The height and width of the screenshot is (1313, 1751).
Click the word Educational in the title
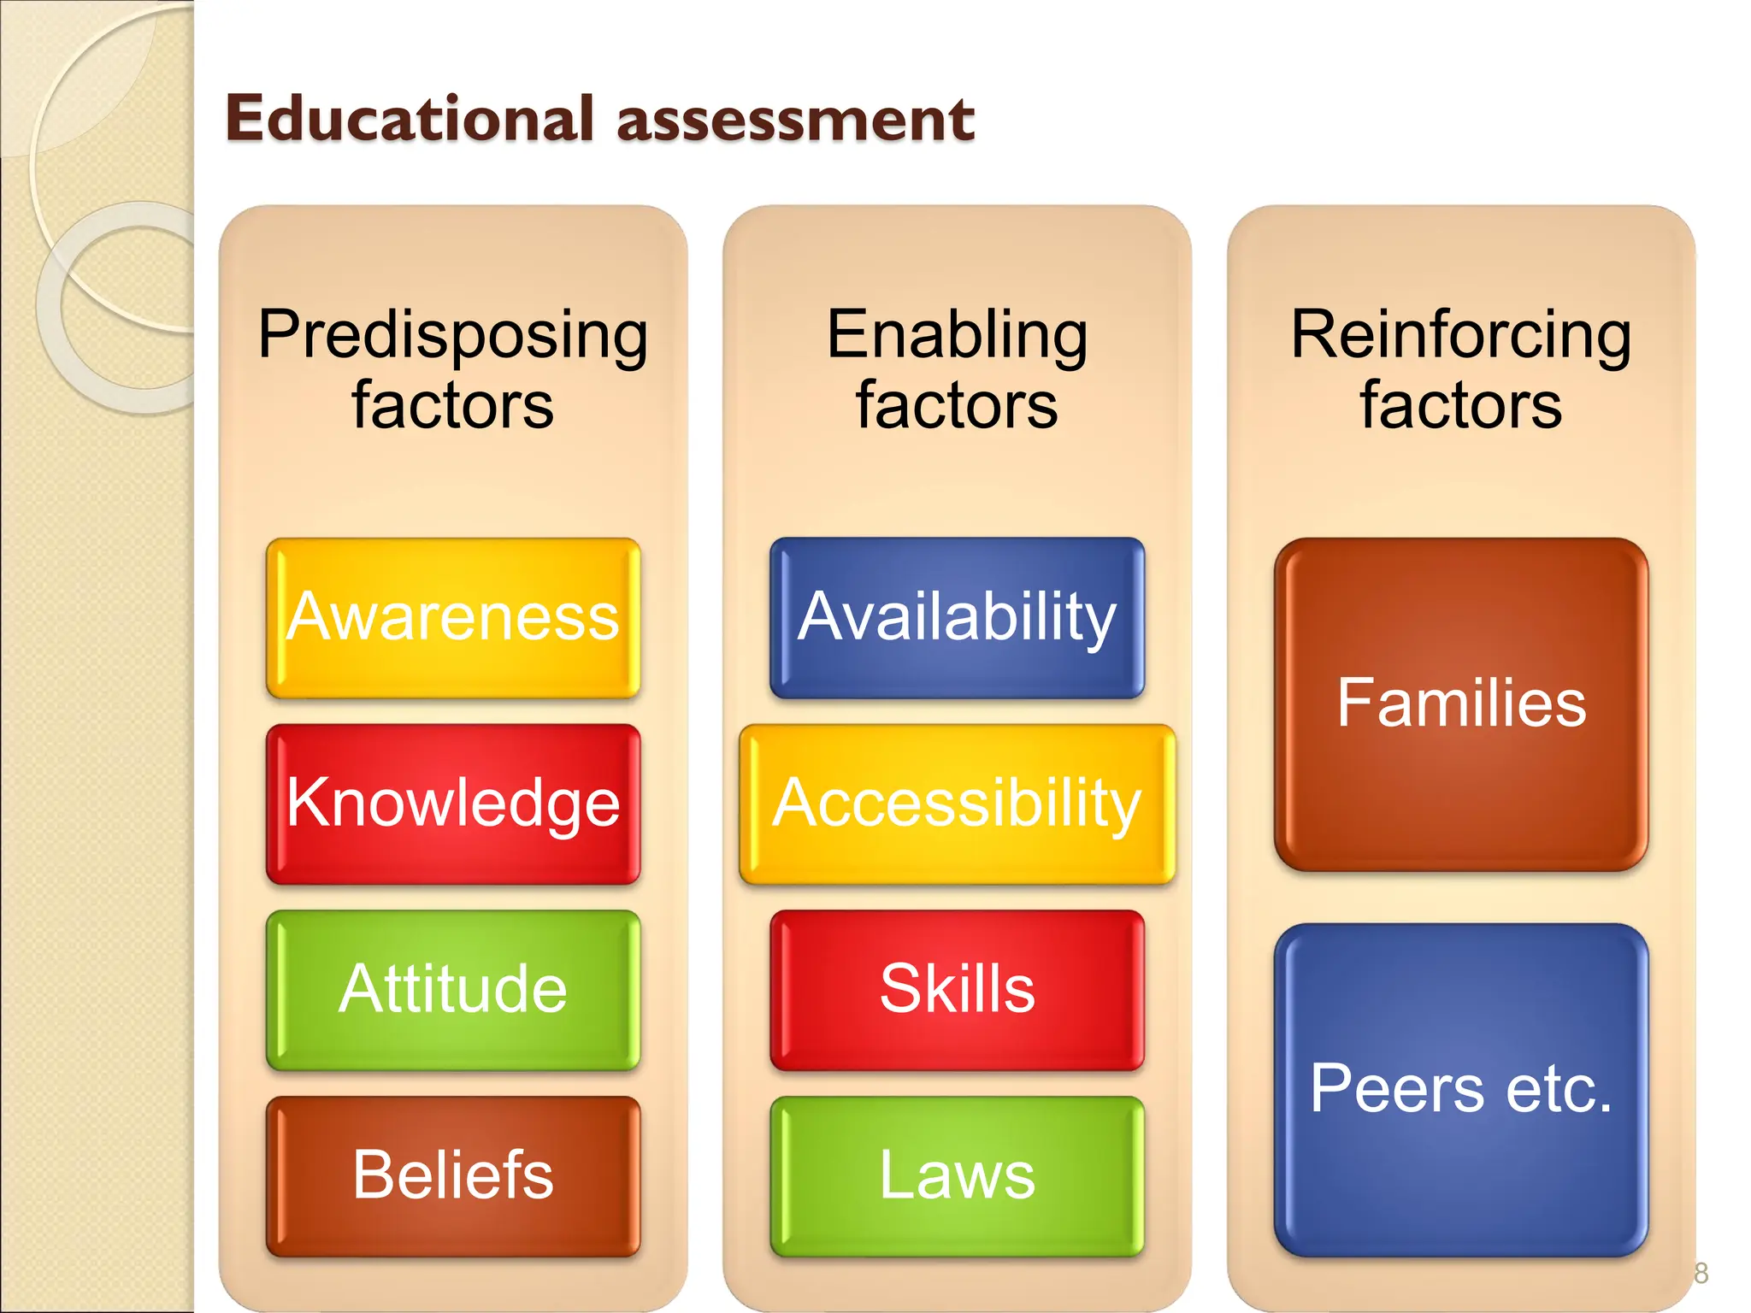click(x=409, y=119)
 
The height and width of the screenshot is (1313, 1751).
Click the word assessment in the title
click(x=795, y=119)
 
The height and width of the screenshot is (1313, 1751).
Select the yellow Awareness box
click(x=453, y=617)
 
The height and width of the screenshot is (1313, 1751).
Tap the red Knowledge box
click(x=453, y=804)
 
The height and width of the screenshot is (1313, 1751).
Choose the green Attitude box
click(x=453, y=990)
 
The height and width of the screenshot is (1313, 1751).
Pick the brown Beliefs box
click(x=453, y=1175)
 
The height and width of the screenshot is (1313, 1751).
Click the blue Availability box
click(x=957, y=617)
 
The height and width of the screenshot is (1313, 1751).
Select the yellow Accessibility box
click(x=957, y=804)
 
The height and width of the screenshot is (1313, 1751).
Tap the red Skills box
click(x=957, y=990)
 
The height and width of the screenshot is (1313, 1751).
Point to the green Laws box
click(x=957, y=1175)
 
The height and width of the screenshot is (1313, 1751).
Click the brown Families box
click(x=1461, y=704)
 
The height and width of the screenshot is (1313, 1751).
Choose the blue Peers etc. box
click(x=1461, y=1089)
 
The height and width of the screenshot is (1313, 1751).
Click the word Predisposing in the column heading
click(x=453, y=335)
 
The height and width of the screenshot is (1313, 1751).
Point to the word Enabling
click(x=957, y=335)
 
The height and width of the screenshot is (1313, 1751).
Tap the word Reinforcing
click(x=1461, y=335)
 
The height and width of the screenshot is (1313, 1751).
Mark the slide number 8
click(x=1701, y=1274)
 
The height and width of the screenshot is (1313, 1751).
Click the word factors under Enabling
click(x=957, y=405)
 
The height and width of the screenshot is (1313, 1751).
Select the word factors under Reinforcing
click(x=1461, y=405)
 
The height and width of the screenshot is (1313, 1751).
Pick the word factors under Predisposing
click(x=453, y=405)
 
